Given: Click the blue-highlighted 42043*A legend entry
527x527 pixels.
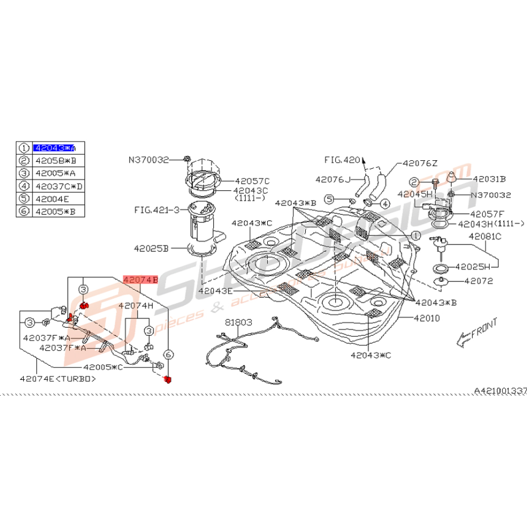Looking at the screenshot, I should tap(54, 148).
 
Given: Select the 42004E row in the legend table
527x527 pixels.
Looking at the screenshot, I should tap(52, 198).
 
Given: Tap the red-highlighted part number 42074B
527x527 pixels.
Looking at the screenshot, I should tap(140, 280).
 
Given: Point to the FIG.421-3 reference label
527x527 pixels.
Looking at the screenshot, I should tap(156, 209).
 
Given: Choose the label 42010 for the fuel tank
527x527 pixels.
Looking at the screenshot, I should tap(426, 318).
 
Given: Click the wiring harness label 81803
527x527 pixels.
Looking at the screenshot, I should tap(238, 322).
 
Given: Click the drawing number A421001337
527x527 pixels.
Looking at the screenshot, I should tap(500, 391).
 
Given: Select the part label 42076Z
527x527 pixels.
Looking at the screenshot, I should tap(420, 163).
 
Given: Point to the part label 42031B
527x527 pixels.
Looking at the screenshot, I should tap(490, 178).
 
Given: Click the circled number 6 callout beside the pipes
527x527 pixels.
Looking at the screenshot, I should tap(168, 354).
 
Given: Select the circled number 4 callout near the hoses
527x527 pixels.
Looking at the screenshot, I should tap(385, 203).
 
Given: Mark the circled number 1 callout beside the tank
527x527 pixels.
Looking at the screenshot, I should tap(415, 234).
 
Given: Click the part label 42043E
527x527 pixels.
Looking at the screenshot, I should tap(215, 290).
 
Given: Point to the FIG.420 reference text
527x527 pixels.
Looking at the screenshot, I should tap(342, 160).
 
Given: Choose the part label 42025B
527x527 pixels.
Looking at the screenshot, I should tap(151, 248).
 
